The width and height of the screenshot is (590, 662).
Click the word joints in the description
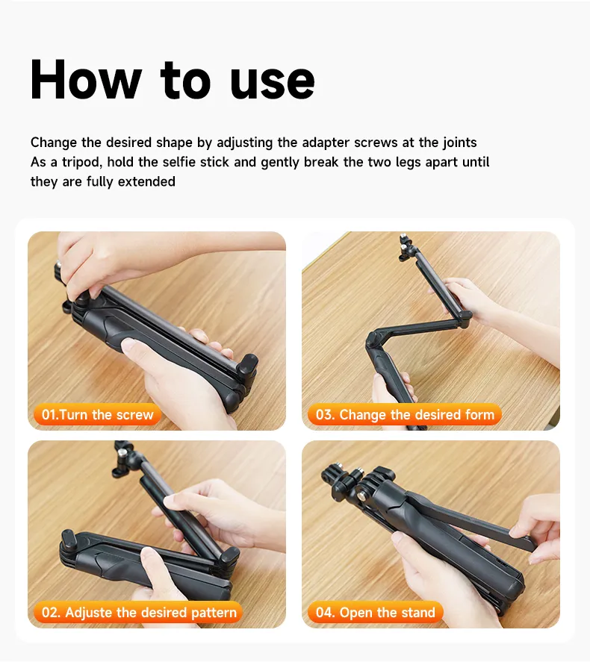[459, 143]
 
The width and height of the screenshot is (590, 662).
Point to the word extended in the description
[146, 181]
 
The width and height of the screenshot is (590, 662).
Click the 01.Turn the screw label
[98, 415]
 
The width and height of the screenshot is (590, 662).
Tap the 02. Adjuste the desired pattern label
[139, 612]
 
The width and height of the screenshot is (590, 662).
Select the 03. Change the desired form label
[405, 415]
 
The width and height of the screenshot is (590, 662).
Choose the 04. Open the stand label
[376, 612]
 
